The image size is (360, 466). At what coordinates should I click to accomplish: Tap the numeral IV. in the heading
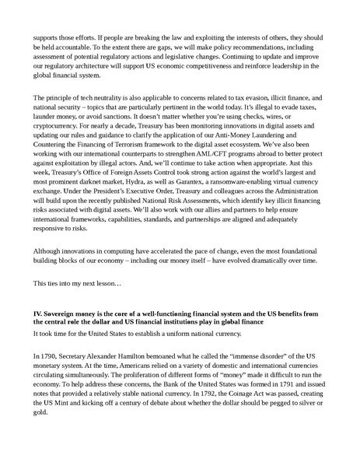38,312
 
